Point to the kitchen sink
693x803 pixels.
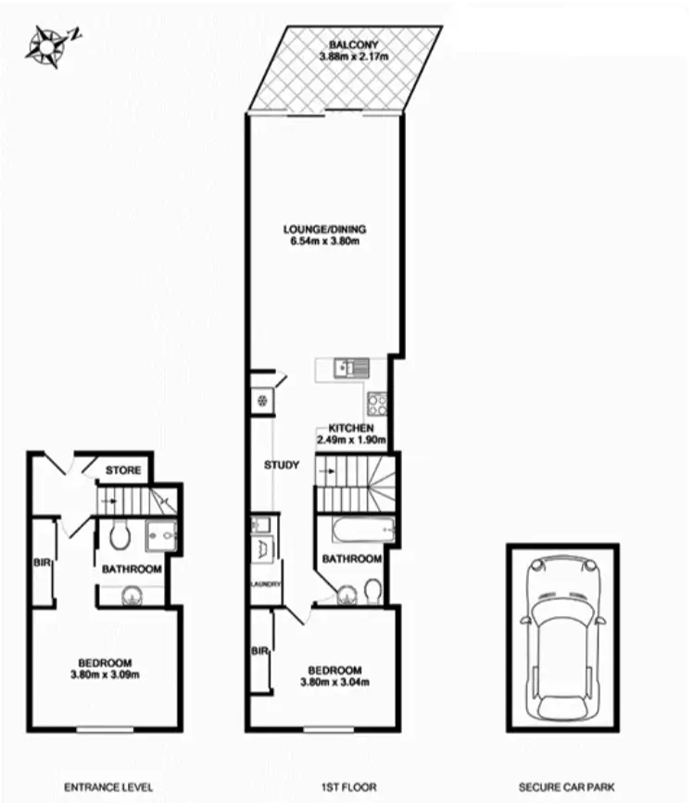[351, 367]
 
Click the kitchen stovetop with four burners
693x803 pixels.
[377, 404]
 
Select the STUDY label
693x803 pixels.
[281, 465]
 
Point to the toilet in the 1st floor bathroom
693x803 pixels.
[372, 589]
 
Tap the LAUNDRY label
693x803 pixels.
[264, 584]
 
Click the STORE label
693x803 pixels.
[123, 471]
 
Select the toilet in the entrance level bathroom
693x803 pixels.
[118, 535]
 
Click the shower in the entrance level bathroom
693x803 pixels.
[159, 533]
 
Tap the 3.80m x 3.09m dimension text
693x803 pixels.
[105, 674]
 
